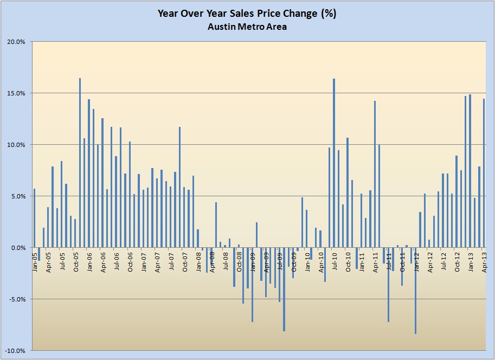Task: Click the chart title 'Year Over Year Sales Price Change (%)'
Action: (247, 14)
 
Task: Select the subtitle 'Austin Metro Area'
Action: (247, 27)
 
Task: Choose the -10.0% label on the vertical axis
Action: (17, 351)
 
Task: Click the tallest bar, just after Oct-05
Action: (80, 163)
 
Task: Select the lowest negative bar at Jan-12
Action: (415, 291)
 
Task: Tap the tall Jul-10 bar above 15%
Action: (334, 163)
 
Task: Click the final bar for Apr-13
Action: (484, 173)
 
